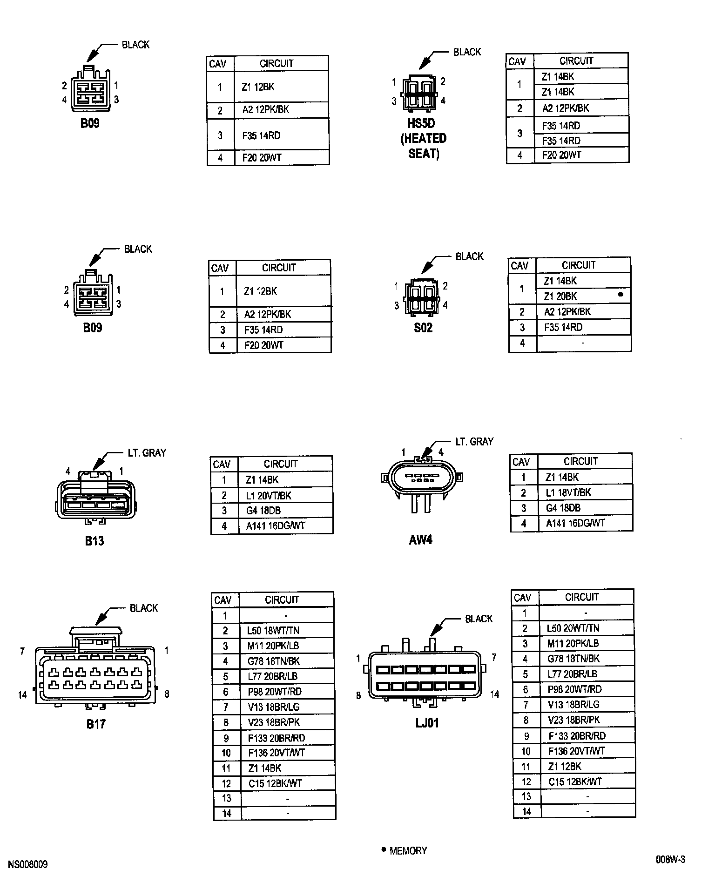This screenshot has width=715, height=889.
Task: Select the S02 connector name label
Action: [423, 328]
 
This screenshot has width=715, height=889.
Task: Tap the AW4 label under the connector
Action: [421, 540]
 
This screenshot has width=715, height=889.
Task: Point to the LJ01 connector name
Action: [427, 723]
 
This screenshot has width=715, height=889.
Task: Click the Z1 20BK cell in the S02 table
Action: [560, 296]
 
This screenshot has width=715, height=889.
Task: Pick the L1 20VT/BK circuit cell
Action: [269, 495]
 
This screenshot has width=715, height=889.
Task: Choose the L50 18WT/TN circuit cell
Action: [273, 631]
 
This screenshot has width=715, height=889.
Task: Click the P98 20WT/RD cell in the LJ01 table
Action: [574, 689]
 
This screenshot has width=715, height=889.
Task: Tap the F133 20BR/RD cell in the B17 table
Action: [277, 738]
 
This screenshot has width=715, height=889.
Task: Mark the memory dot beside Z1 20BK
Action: [621, 295]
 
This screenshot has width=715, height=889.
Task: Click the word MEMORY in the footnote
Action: [408, 851]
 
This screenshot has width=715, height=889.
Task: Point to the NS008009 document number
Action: [27, 865]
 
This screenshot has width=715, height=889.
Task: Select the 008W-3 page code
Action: [670, 860]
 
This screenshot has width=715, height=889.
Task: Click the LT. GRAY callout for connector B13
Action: [147, 453]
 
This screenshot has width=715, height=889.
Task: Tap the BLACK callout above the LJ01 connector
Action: [479, 619]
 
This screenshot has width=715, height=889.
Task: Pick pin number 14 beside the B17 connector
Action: [22, 695]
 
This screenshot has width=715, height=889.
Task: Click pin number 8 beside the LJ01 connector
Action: [358, 696]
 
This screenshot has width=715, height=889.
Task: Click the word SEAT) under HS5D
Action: [424, 154]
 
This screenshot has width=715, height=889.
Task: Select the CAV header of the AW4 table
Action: [521, 462]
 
